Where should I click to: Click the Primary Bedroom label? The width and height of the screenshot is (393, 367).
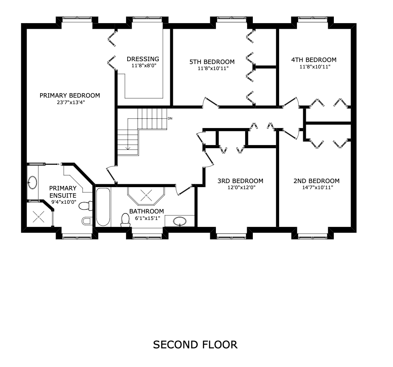(70, 96)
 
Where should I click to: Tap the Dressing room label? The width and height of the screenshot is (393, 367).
(143, 59)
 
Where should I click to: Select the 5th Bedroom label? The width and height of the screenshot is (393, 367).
(212, 62)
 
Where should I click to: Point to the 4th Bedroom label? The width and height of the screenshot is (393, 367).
(314, 60)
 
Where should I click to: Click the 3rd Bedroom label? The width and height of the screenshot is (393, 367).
(240, 181)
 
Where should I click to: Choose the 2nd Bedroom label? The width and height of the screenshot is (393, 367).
(316, 181)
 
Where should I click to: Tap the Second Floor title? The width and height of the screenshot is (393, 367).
(195, 345)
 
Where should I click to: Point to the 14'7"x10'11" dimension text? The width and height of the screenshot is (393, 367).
(316, 188)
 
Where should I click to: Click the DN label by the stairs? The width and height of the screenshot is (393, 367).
(170, 119)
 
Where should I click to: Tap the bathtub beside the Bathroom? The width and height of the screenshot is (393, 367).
(103, 207)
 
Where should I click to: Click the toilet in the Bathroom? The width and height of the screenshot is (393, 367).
(125, 220)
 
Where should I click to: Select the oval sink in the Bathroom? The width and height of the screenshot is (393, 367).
(180, 221)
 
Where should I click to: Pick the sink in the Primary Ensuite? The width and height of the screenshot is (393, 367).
(33, 182)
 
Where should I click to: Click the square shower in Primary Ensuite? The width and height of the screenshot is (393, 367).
(39, 216)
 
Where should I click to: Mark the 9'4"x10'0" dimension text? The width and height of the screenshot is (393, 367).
(64, 201)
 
